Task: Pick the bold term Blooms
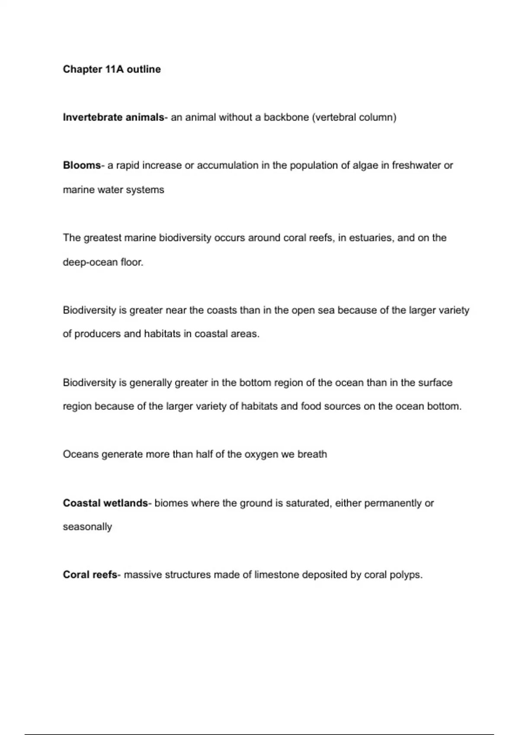click(x=81, y=165)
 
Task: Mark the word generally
click(x=151, y=383)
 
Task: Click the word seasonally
click(x=87, y=527)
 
